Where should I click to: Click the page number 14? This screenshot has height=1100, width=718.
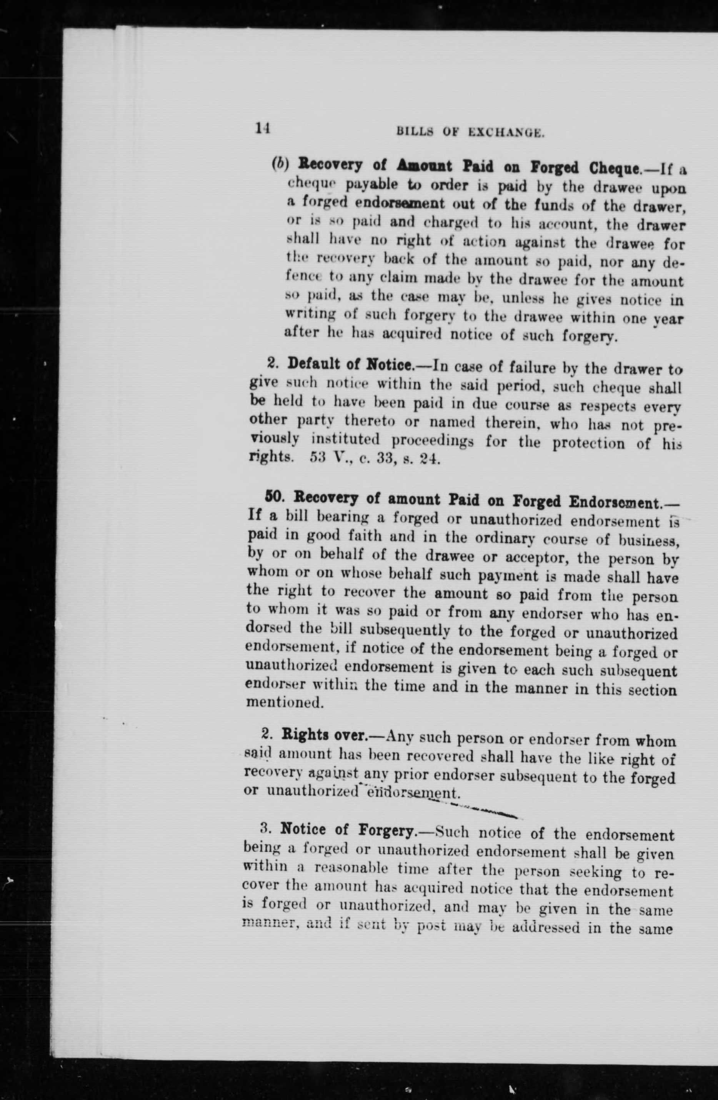(x=262, y=128)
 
